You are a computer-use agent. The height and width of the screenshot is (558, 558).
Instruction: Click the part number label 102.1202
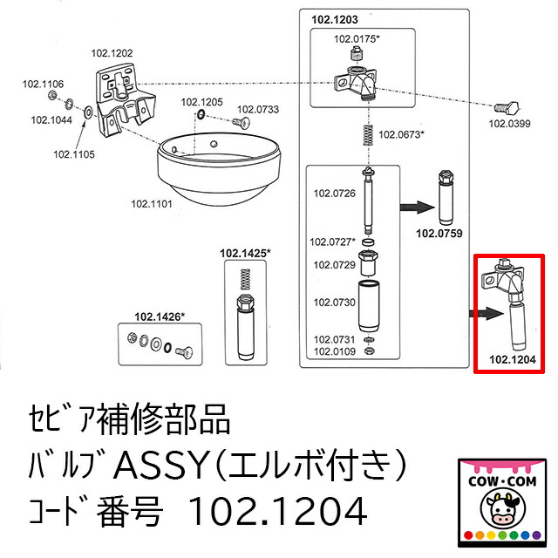point(112,53)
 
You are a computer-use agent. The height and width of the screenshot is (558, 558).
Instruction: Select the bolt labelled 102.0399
point(507,107)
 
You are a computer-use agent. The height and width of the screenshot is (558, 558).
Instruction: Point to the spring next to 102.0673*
point(368,135)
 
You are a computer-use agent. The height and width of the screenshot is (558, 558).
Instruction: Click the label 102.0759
point(439,234)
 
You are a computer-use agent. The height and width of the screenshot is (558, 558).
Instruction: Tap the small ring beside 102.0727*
point(368,242)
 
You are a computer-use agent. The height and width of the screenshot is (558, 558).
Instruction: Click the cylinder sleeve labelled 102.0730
point(368,306)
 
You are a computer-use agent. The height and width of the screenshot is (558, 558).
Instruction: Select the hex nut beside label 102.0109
point(369,350)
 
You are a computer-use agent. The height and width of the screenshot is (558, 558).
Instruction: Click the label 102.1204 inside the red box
point(513,359)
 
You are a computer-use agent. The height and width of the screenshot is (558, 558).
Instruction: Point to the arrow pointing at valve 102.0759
point(417,208)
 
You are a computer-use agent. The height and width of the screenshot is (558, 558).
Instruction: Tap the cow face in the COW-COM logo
point(502,507)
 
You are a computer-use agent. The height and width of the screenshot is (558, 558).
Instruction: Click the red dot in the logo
point(468,534)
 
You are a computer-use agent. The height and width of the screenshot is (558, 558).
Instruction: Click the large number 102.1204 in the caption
point(277,511)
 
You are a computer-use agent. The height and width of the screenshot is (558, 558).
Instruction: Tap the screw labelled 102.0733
point(242,122)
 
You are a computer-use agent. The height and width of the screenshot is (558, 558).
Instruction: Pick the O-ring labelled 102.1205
point(201,114)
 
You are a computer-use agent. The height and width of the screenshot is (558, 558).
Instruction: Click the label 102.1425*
point(245,254)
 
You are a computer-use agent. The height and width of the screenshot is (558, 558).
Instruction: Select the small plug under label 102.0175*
point(356,54)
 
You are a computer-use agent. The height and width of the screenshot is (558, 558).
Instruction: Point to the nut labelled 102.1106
point(52,95)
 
